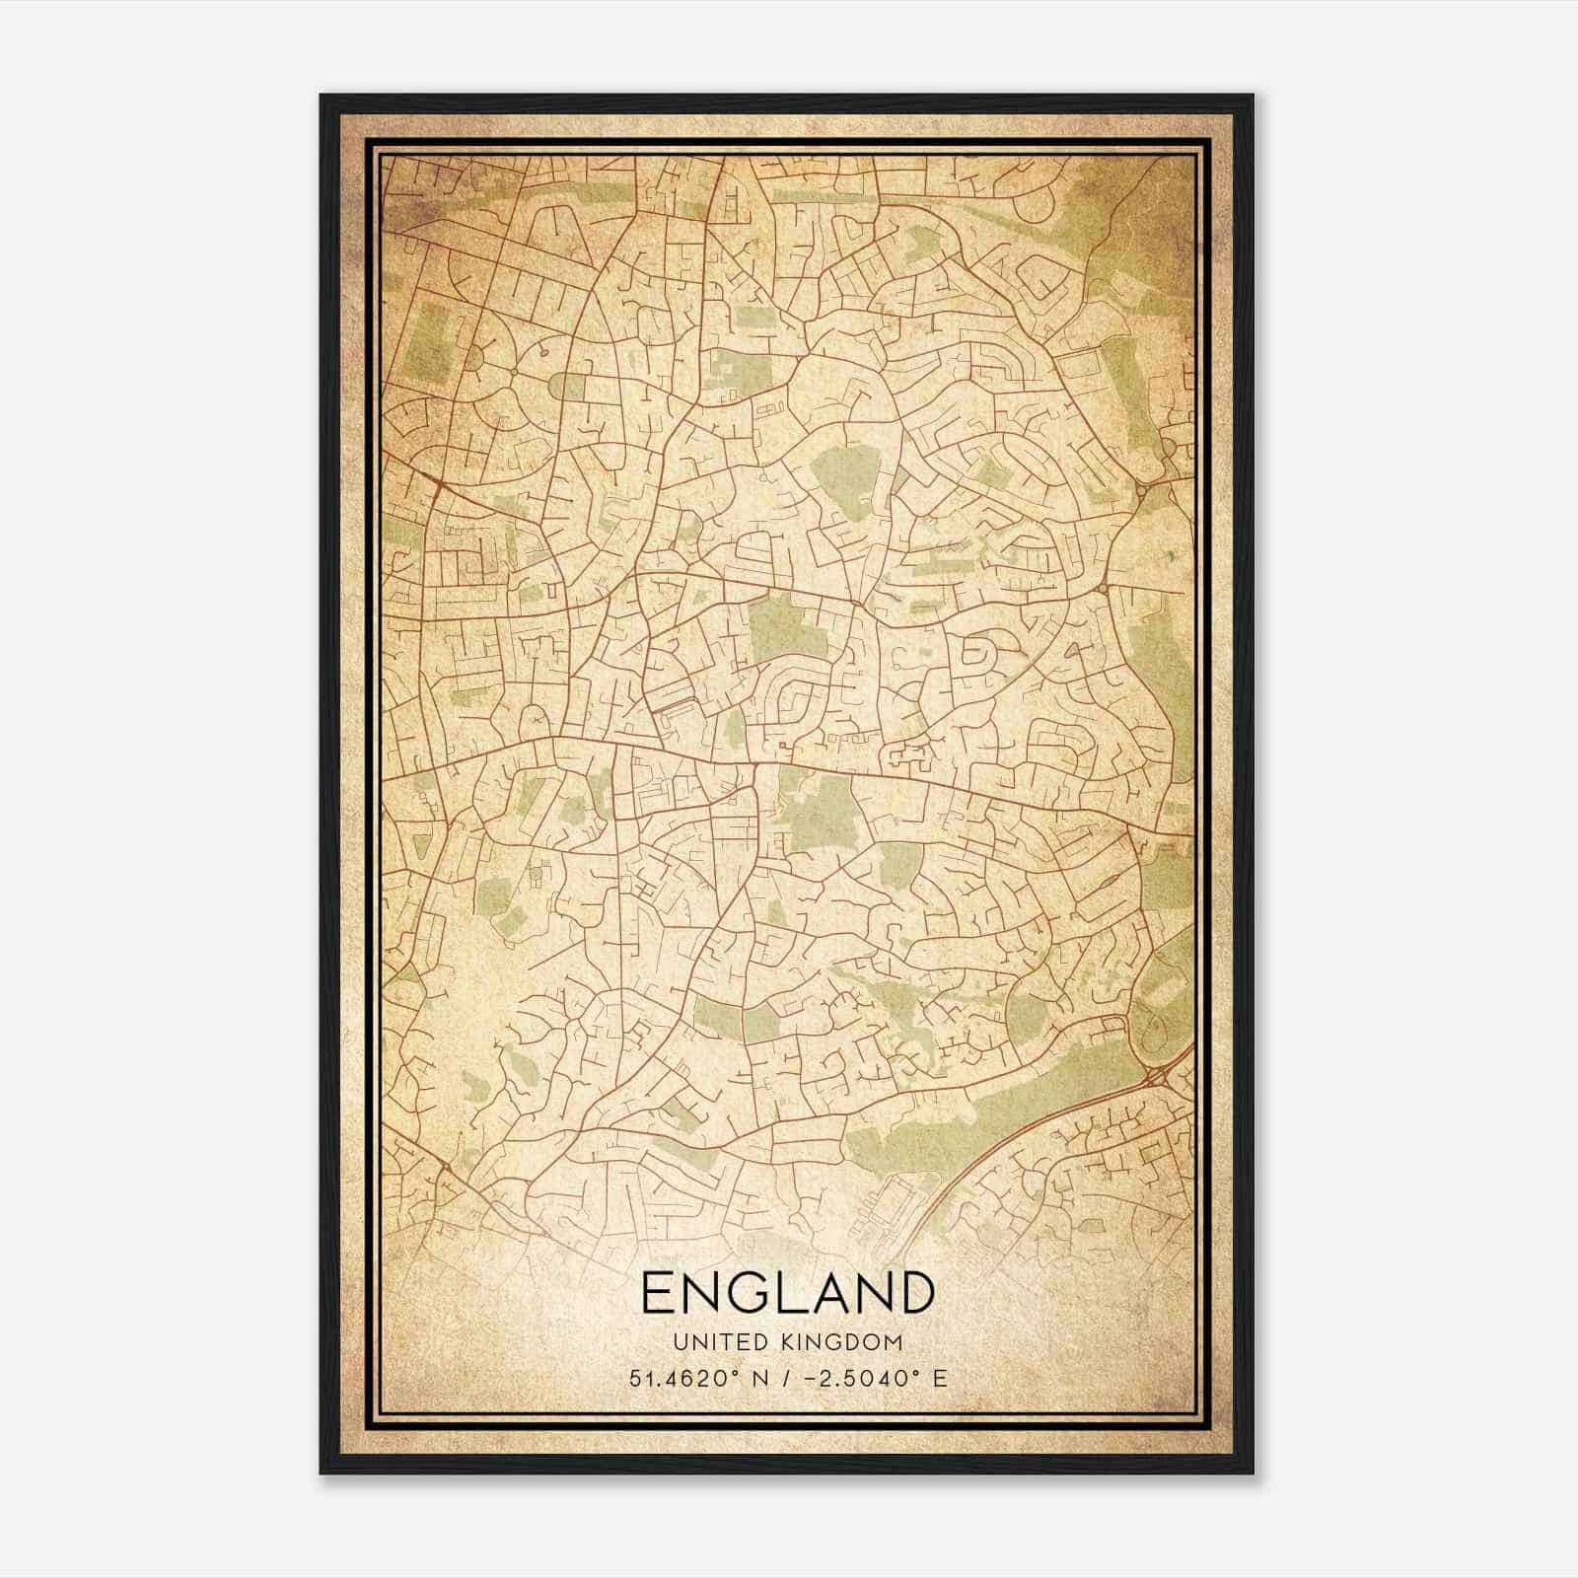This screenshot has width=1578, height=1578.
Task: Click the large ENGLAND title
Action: (787, 1292)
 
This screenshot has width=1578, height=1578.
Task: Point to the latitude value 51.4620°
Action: (677, 1378)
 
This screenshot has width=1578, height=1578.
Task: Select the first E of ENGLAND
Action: (659, 1292)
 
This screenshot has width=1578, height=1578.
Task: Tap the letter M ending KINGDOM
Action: (894, 1342)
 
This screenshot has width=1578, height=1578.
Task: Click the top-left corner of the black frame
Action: (323, 97)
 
